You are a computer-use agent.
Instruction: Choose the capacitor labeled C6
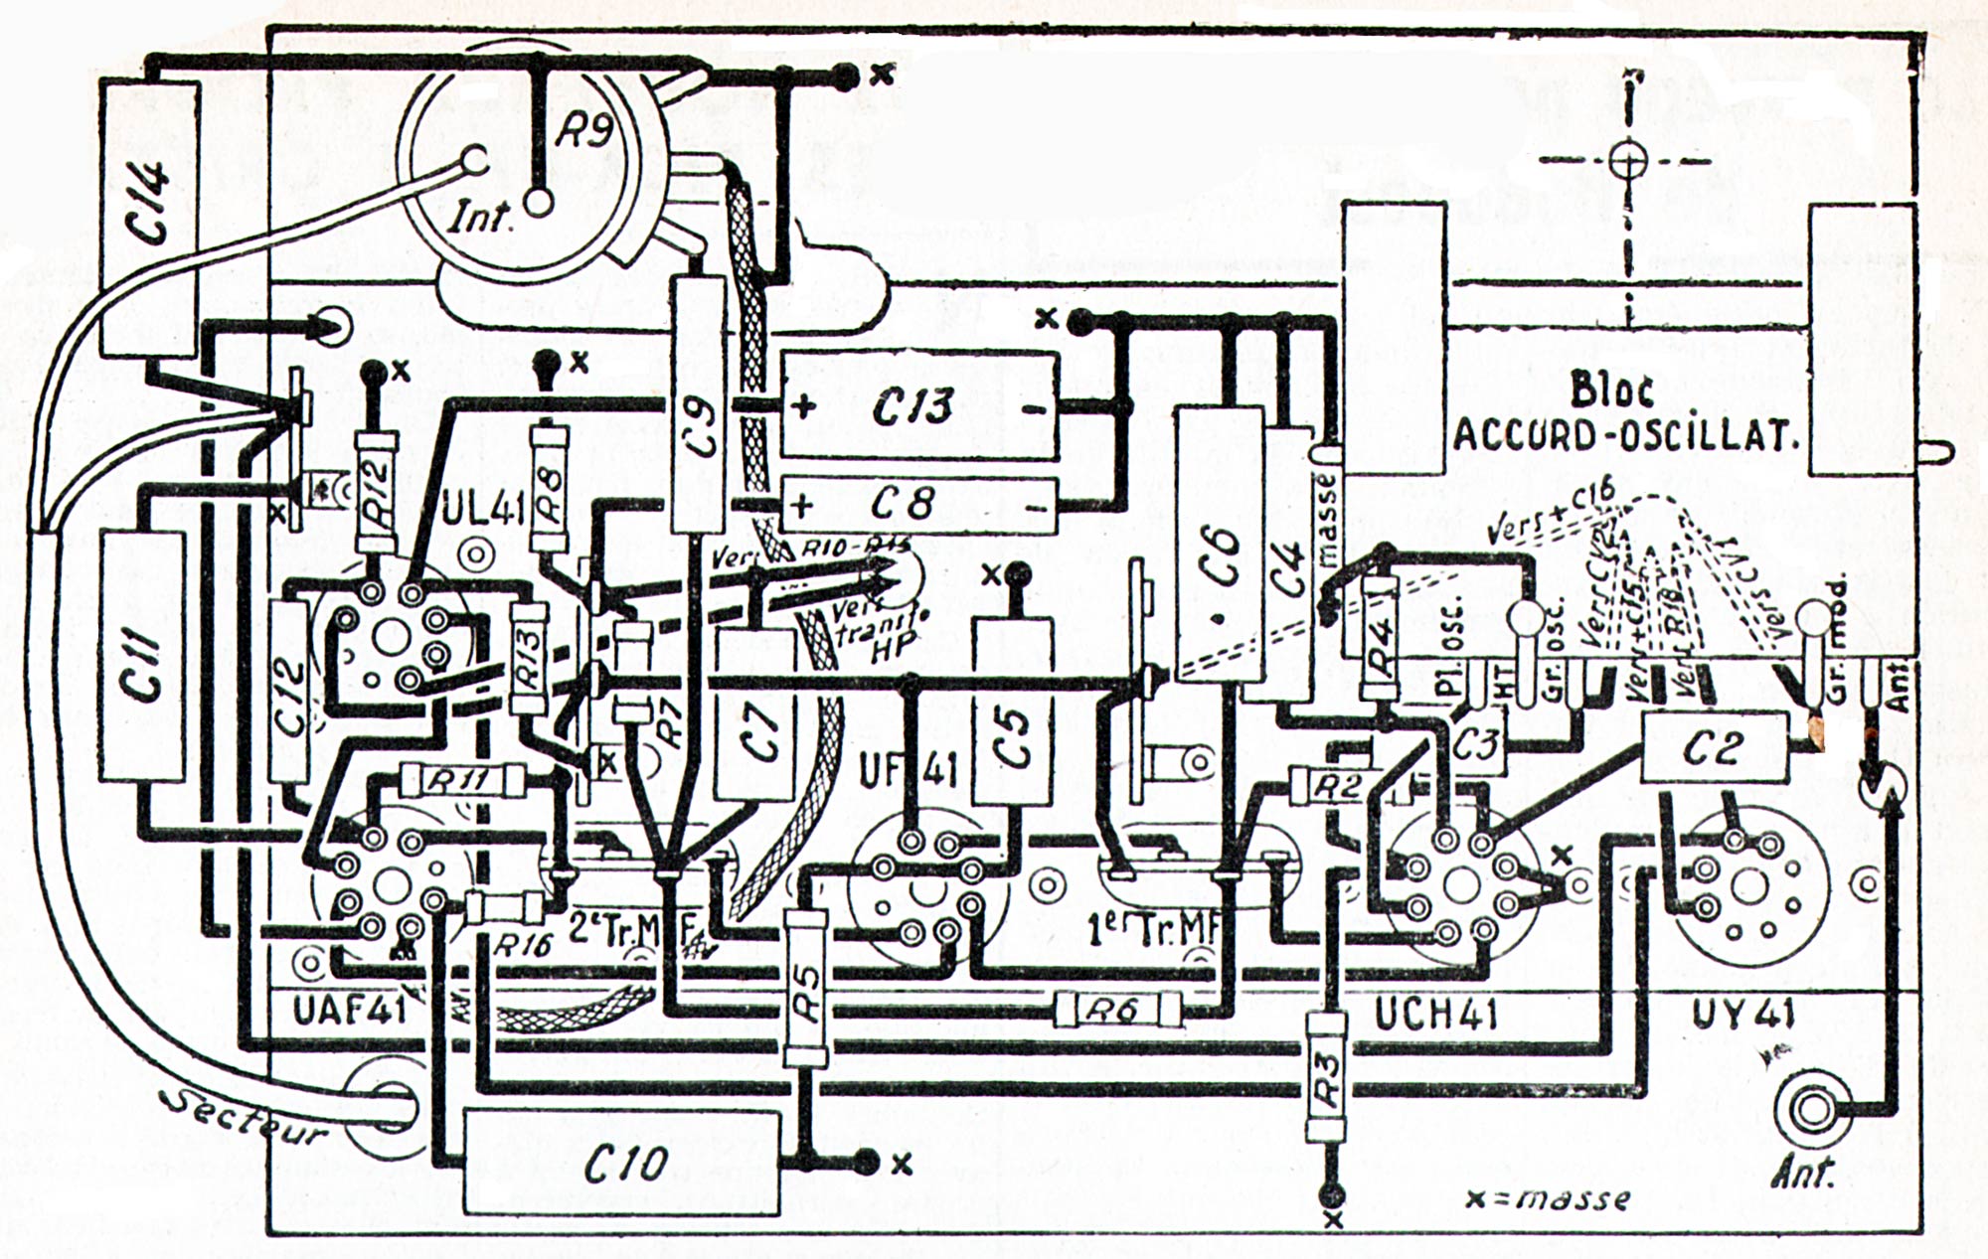[x=1219, y=547]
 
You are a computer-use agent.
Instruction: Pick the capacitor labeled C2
[x=1712, y=748]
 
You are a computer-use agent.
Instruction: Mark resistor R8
[x=549, y=489]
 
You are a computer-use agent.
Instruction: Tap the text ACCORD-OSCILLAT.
[x=1626, y=435]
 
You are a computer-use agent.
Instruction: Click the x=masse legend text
[x=1548, y=1197]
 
